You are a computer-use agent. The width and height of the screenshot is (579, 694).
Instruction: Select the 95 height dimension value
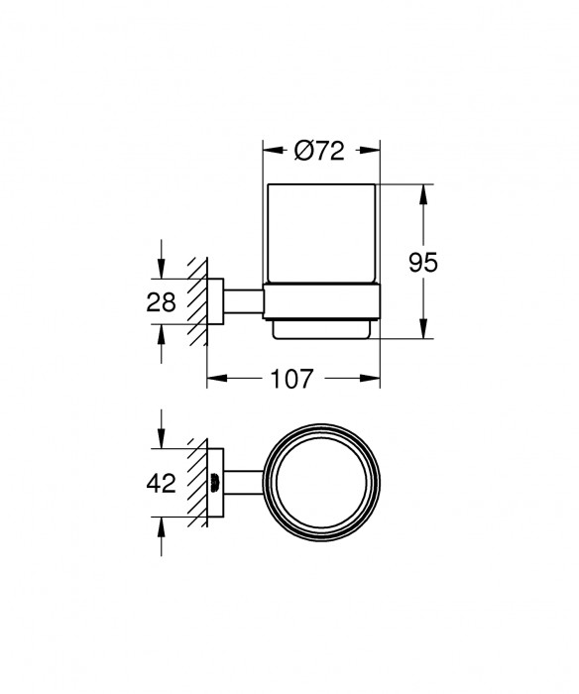click(423, 263)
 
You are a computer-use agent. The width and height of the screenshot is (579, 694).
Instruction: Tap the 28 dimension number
click(162, 301)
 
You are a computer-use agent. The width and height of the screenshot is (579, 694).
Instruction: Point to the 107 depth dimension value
click(293, 378)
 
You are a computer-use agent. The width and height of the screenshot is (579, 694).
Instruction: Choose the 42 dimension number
click(161, 483)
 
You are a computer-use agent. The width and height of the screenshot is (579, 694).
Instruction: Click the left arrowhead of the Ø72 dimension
click(269, 152)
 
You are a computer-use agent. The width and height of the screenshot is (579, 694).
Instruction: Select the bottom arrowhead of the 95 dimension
click(423, 331)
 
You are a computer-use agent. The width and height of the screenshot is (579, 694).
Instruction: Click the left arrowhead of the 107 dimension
click(213, 378)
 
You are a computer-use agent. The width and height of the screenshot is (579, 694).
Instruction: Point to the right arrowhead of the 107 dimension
click(375, 378)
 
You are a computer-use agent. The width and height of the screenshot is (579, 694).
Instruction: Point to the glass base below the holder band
click(322, 327)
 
